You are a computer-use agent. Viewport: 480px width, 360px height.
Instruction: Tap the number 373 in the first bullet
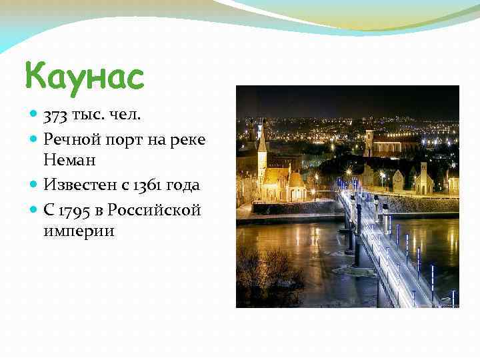tap(55, 117)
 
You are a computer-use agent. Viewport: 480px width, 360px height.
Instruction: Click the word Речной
tap(69, 139)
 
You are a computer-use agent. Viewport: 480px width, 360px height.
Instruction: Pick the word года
tap(183, 185)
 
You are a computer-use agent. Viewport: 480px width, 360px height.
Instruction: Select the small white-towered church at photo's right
tap(423, 177)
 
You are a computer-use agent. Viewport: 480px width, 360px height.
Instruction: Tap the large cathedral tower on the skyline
tap(369, 142)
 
